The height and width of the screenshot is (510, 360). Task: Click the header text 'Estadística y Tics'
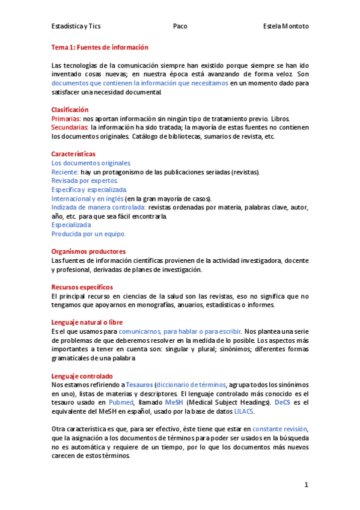(76, 26)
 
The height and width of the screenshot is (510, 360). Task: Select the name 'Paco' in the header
(180, 26)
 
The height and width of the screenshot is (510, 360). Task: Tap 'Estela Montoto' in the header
(286, 26)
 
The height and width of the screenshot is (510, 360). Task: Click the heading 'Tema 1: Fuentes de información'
(100, 47)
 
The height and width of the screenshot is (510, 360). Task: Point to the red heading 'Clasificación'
(70, 109)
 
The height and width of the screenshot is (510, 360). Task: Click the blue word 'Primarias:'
(66, 118)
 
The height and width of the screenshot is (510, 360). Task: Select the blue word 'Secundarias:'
(70, 127)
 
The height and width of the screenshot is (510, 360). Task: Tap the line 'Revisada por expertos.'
(85, 180)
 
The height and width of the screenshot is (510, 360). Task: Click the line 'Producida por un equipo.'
(88, 234)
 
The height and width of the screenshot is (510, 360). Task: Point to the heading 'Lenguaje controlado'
(82, 376)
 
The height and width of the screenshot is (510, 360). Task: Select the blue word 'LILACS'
(244, 411)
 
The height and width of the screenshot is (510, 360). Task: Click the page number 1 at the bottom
(306, 485)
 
